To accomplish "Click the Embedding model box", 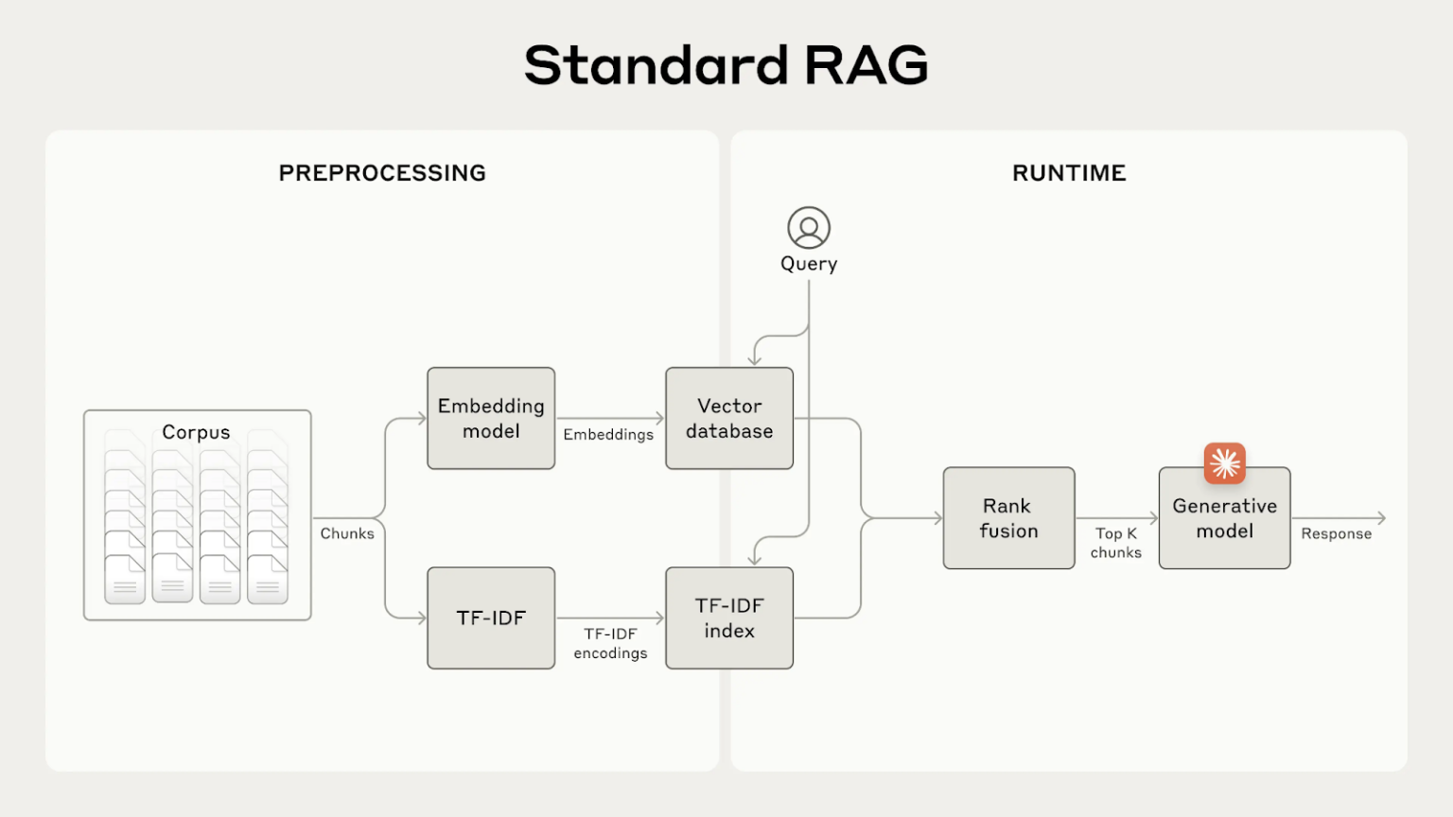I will coord(491,418).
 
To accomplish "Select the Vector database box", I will coord(729,418).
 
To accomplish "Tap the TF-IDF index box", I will coord(729,617).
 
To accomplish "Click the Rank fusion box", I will coord(1008,518).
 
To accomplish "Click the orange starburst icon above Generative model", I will coord(1224,463).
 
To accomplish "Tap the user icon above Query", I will coord(809,228).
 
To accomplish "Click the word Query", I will coord(809,264).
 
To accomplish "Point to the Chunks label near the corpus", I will coord(347,533).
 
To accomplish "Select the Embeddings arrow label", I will coord(608,434).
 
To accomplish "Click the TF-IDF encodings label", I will coord(610,643).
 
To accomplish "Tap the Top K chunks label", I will coord(1116,543).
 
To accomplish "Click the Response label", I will coord(1336,533).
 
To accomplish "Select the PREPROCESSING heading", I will coord(382,173).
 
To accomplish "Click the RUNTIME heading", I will coord(1069,173).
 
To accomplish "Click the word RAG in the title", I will coord(866,65).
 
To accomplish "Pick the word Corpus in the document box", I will coord(196,432).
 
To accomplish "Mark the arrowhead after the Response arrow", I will coord(1382,518).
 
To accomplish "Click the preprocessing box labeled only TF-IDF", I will coord(491,617).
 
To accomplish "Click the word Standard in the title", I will coord(656,65).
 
